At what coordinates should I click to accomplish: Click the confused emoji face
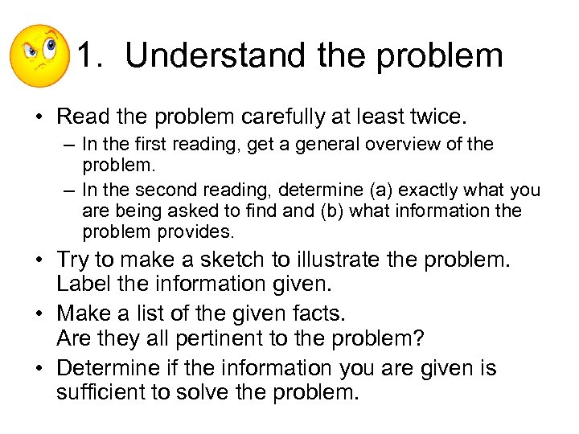coord(39,55)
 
